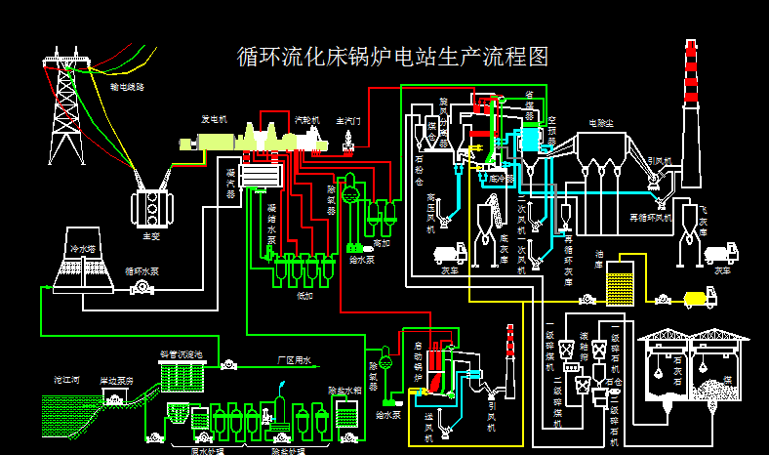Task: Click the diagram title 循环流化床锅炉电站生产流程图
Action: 393,57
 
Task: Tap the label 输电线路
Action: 127,87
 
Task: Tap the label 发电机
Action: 214,119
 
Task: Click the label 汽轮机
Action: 307,119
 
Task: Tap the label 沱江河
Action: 66,380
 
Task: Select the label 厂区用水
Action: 293,360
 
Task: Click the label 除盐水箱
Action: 344,390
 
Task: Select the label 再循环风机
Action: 651,216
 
